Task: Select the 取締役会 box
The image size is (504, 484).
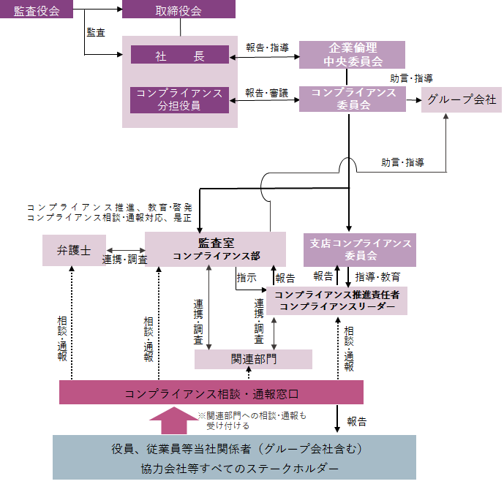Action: coord(178,10)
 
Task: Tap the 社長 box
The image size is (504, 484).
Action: coord(179,55)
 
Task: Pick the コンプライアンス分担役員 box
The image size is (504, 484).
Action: coord(179,100)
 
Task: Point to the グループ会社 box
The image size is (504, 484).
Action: coord(462,100)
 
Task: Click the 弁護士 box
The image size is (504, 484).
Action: coord(74,250)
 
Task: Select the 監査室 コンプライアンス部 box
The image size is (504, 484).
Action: coord(215,249)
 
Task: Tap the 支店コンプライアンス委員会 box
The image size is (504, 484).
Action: coord(358,249)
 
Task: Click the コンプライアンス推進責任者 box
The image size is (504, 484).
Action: coord(336,300)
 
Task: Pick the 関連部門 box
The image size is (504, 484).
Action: coord(253,359)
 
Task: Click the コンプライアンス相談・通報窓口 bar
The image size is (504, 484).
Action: coord(211,393)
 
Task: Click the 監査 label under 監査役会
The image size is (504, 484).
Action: coord(96,33)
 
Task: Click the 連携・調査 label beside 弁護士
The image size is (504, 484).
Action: coord(125,260)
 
